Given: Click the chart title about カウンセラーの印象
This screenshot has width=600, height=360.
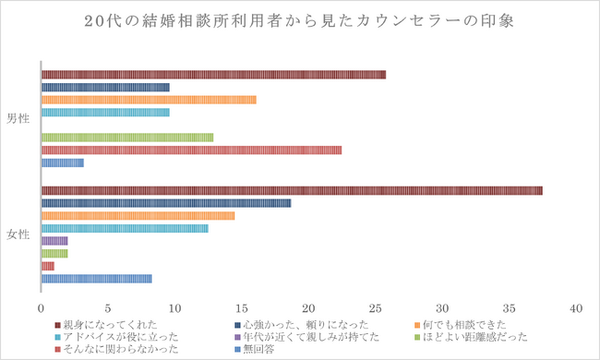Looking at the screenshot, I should (300, 21).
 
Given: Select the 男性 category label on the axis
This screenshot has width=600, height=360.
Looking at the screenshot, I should (18, 118).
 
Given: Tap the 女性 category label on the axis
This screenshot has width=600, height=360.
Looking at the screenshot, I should (18, 234).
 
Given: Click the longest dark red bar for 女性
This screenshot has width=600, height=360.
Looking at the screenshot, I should (292, 190).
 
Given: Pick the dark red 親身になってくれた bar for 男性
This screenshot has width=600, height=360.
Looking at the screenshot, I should (213, 75).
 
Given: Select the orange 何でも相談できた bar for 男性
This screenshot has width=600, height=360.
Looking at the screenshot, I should (149, 100).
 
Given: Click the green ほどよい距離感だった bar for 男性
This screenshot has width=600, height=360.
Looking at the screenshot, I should (127, 138).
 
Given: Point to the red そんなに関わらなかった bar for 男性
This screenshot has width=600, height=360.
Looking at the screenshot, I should (191, 150).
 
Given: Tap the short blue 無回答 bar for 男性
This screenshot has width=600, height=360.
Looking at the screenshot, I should (63, 162).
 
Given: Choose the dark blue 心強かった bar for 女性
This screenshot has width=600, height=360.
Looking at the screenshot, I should (166, 203).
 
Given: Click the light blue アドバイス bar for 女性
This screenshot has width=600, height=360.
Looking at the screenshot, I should (125, 228).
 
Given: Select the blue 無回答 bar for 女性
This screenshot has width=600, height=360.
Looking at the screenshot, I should (96, 278).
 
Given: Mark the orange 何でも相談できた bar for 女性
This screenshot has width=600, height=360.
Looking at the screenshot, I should (138, 215).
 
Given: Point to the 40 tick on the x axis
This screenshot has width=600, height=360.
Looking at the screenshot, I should (577, 307).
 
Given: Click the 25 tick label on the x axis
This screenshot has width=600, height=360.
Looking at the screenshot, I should (376, 307).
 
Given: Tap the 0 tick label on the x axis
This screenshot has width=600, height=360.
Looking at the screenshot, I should (42, 307).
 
